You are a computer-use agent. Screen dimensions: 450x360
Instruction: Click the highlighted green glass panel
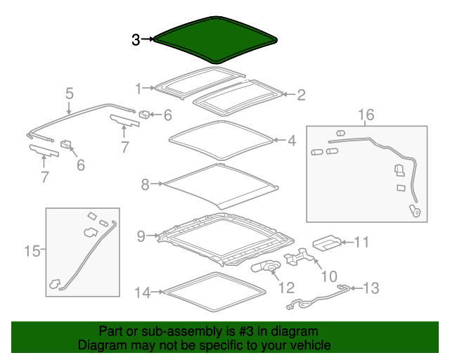point(215,39)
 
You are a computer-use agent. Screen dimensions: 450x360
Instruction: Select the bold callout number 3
point(136,40)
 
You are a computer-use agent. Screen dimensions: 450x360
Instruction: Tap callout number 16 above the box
point(366,115)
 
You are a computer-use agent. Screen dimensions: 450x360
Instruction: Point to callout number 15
point(32,251)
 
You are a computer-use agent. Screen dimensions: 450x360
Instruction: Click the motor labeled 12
point(266,266)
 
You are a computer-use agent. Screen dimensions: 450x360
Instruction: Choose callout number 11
point(362,242)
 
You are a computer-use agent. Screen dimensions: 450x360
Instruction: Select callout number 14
point(142,292)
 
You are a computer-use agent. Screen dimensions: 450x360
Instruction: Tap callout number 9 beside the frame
point(141,236)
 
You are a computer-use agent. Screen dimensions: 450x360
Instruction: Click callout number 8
point(146,184)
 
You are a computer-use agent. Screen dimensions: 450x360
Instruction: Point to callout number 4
point(292,141)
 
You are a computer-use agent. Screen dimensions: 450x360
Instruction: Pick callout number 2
point(301,95)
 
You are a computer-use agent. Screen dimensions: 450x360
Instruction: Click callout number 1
point(139,89)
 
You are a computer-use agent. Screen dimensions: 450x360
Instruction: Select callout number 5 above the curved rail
point(70,94)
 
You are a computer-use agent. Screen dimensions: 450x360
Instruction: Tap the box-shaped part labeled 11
point(327,243)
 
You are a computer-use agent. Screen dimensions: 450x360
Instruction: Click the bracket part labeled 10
point(299,256)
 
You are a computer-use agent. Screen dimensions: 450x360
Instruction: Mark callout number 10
point(329,276)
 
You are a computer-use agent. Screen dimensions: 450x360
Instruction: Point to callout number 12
point(287,288)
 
